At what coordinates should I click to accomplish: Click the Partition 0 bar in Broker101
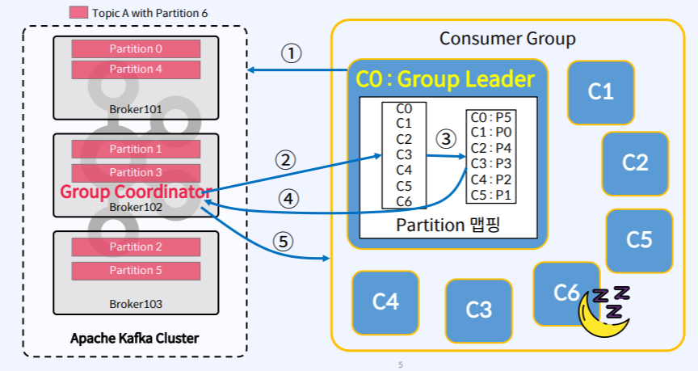pyautogui.click(x=136, y=48)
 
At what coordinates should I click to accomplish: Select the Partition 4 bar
pyautogui.click(x=136, y=70)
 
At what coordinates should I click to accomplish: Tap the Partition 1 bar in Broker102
pyautogui.click(x=136, y=150)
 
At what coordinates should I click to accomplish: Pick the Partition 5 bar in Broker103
pyautogui.click(x=136, y=271)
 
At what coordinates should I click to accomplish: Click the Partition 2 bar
pyautogui.click(x=136, y=247)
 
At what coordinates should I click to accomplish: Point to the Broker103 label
pyautogui.click(x=136, y=304)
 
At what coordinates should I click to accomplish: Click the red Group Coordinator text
pyautogui.click(x=136, y=192)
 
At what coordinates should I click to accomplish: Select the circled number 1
pyautogui.click(x=291, y=53)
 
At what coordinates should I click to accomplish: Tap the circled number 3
pyautogui.click(x=446, y=138)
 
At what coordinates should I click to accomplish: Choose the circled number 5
pyautogui.click(x=283, y=242)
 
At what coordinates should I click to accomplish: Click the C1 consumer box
pyautogui.click(x=600, y=92)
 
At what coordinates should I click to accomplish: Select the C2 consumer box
pyautogui.click(x=635, y=163)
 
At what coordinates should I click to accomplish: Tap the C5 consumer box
pyautogui.click(x=639, y=241)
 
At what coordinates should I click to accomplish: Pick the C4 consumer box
pyautogui.click(x=385, y=302)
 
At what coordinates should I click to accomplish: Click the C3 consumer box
pyautogui.click(x=478, y=310)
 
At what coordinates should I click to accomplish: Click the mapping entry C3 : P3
pyautogui.click(x=491, y=164)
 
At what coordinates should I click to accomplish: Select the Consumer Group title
pyautogui.click(x=507, y=39)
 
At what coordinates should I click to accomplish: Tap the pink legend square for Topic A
pyautogui.click(x=78, y=12)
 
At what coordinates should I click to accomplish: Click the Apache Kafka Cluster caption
pyautogui.click(x=134, y=339)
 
